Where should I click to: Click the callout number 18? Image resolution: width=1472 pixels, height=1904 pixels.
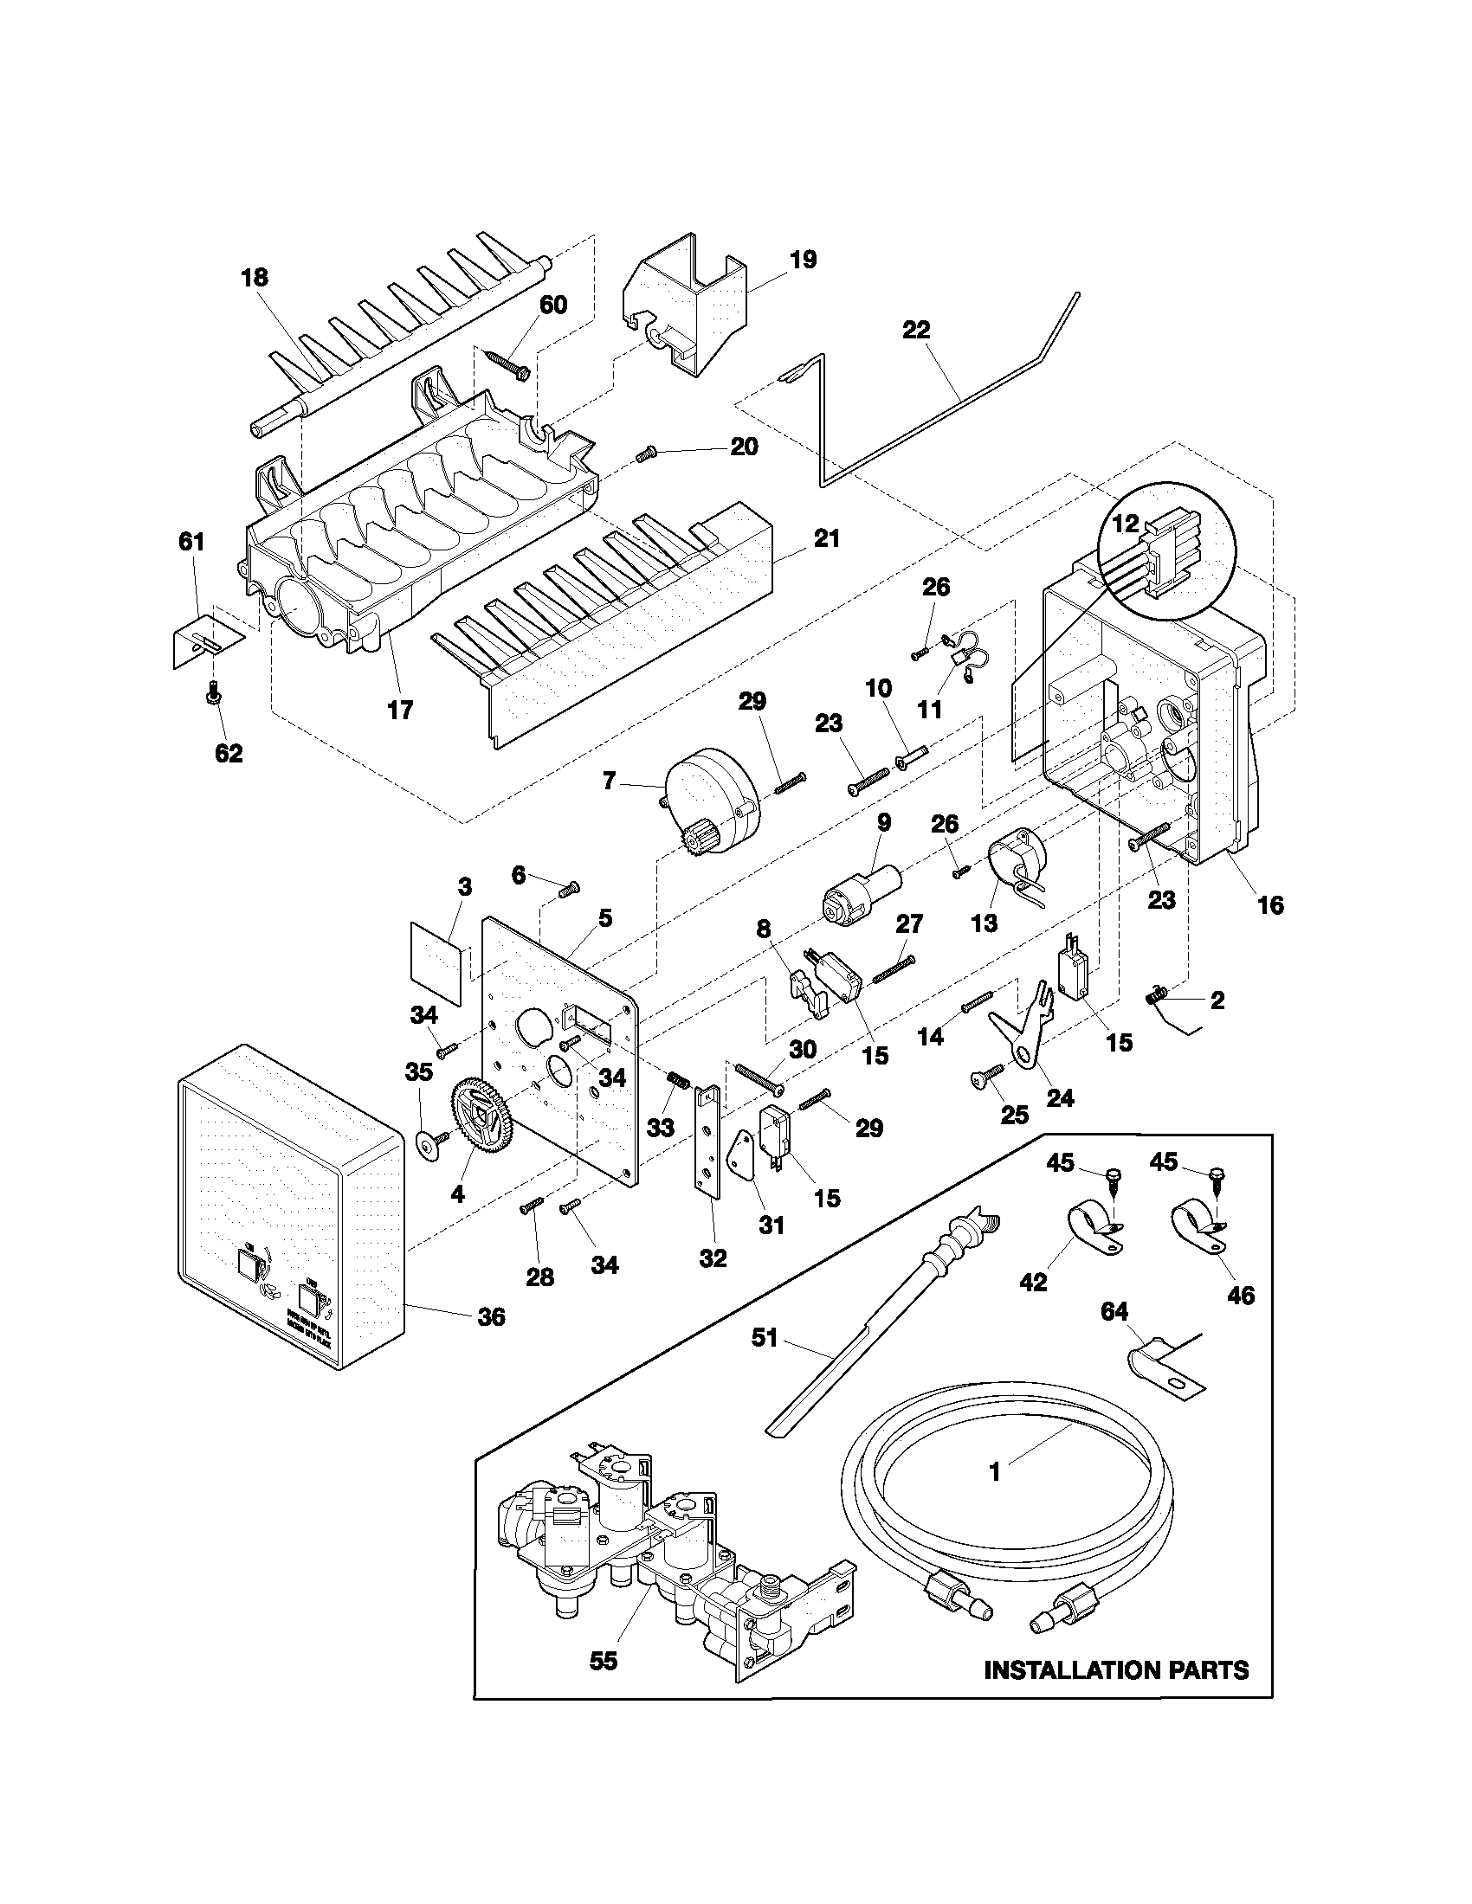pyautogui.click(x=255, y=278)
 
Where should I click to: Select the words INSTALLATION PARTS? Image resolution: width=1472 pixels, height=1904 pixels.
pyautogui.click(x=1116, y=1670)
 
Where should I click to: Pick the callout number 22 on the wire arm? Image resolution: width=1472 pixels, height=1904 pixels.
pyautogui.click(x=916, y=331)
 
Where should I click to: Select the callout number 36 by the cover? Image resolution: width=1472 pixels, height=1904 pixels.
pyautogui.click(x=492, y=1317)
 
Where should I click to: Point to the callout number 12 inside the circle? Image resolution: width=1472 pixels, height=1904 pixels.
pyautogui.click(x=1126, y=524)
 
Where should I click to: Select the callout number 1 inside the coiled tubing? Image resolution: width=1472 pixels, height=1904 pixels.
pyautogui.click(x=994, y=1472)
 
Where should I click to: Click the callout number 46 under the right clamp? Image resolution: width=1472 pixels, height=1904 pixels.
pyautogui.click(x=1241, y=1296)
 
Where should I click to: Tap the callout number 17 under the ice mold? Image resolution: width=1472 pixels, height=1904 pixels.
pyautogui.click(x=399, y=711)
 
